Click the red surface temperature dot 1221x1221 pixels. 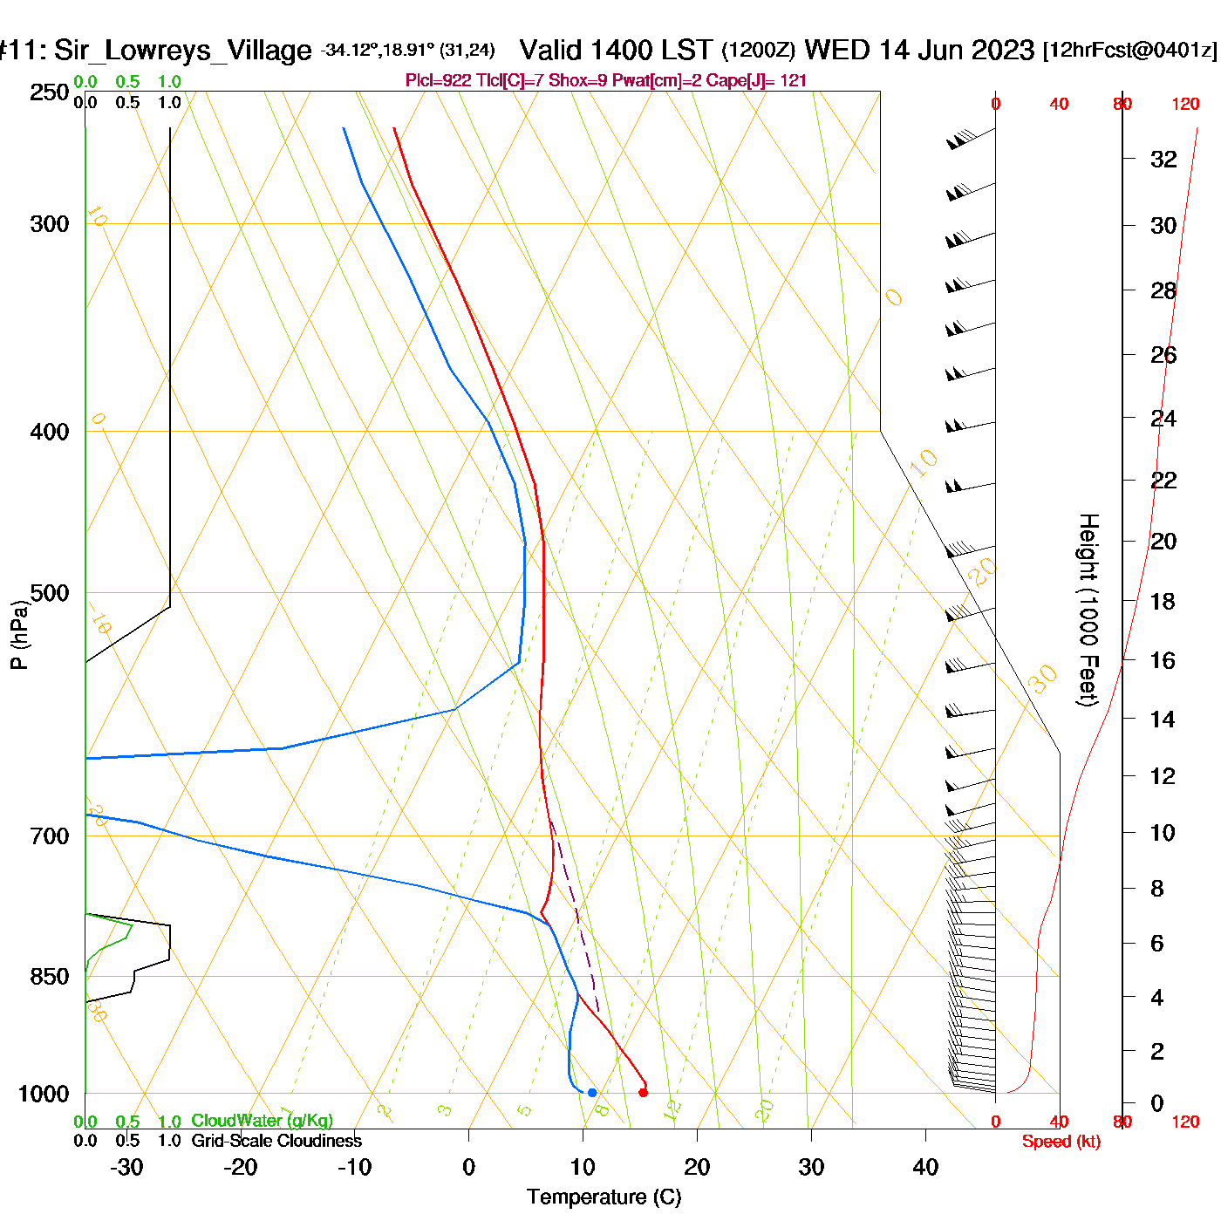pyautogui.click(x=644, y=1092)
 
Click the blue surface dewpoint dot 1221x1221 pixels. pyautogui.click(x=592, y=1092)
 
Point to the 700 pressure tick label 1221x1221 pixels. pyautogui.click(x=50, y=836)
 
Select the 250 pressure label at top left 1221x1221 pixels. pyautogui.click(x=50, y=92)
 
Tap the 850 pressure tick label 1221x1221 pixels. pyautogui.click(x=50, y=977)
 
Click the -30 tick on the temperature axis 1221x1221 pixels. pyautogui.click(x=127, y=1167)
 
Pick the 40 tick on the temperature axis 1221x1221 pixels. pyautogui.click(x=925, y=1167)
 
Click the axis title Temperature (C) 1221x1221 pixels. pyautogui.click(x=604, y=1197)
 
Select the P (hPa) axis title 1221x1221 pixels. pyautogui.click(x=19, y=634)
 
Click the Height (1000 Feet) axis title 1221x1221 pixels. pyautogui.click(x=1088, y=610)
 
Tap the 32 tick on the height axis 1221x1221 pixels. pyautogui.click(x=1163, y=159)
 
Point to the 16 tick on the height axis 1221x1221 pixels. pyautogui.click(x=1163, y=660)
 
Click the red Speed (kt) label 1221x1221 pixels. pyautogui.click(x=1061, y=1142)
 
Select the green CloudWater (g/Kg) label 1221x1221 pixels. pyautogui.click(x=262, y=1121)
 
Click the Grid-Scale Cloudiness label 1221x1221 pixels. pyautogui.click(x=276, y=1141)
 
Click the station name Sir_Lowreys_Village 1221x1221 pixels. pyautogui.click(x=182, y=51)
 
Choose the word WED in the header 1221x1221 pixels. pyautogui.click(x=837, y=50)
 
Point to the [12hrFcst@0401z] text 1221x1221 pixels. pyautogui.click(x=1129, y=51)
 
